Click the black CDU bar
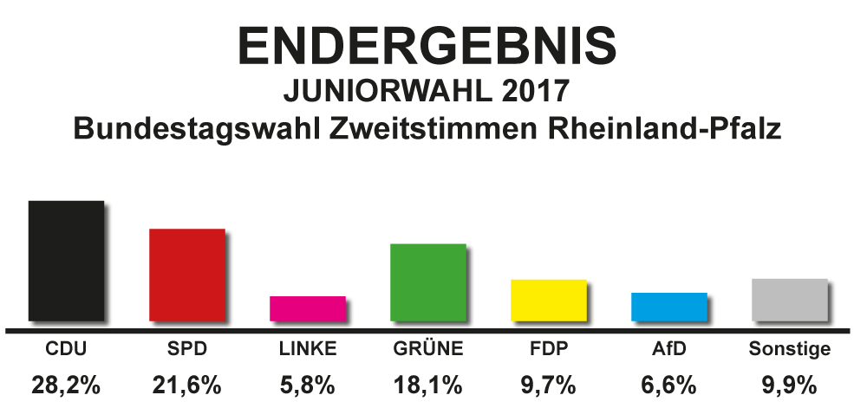[x=66, y=261]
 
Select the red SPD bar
[x=187, y=275]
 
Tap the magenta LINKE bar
[x=308, y=308]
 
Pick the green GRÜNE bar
[x=428, y=282]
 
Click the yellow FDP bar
[x=550, y=300]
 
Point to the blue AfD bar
[x=669, y=307]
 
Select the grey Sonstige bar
[x=790, y=300]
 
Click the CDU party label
[x=66, y=350]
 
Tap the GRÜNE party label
[x=428, y=350]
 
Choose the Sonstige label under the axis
[x=789, y=350]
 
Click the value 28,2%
[x=66, y=385]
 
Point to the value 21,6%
[x=187, y=385]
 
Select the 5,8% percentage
[x=308, y=385]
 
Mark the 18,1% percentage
[x=428, y=385]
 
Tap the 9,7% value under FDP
[x=550, y=385]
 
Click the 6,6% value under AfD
[x=669, y=385]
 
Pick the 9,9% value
[x=789, y=385]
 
